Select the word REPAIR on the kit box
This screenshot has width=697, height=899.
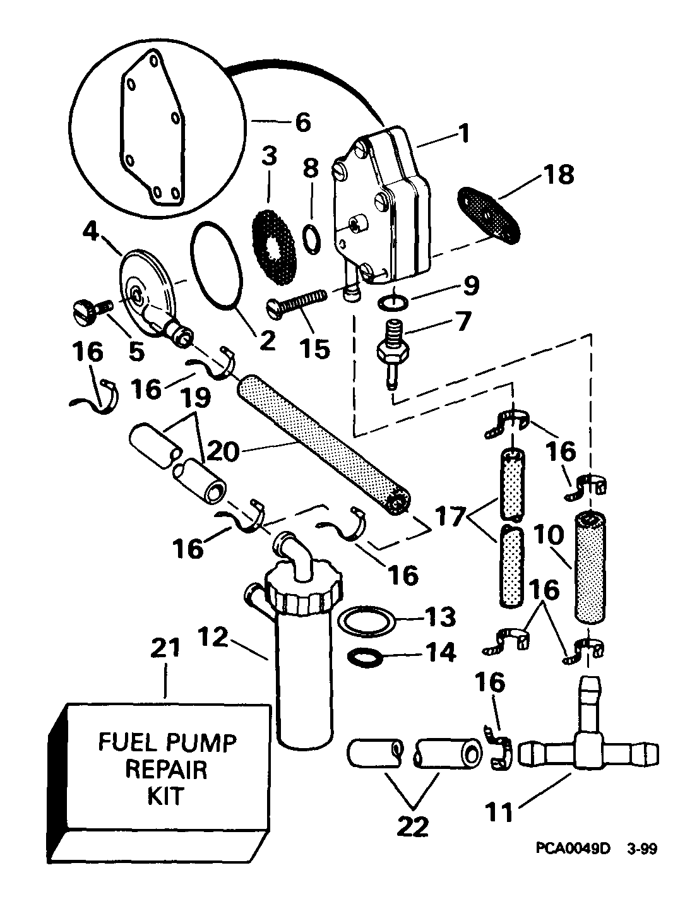(x=166, y=770)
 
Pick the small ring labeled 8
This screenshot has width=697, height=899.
(x=310, y=241)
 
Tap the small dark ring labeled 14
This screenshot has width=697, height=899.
(x=365, y=657)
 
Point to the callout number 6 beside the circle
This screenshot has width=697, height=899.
(x=302, y=122)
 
